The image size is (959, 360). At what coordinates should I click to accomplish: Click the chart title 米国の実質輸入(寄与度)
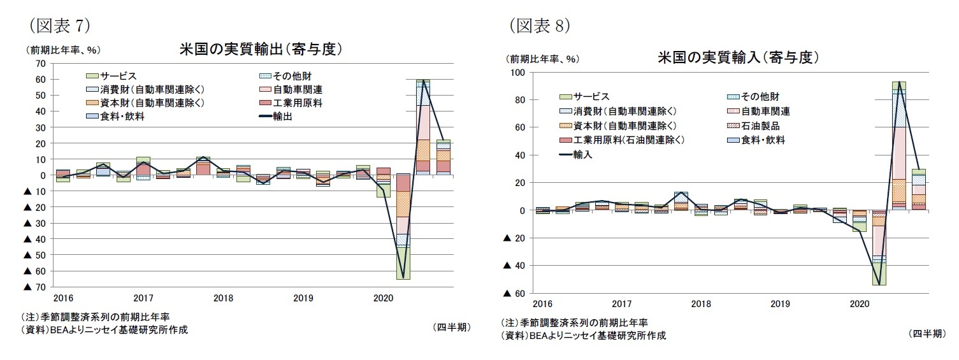738,58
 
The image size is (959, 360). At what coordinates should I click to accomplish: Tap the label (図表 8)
539,25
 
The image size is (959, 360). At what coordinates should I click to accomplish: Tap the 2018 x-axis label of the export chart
223,298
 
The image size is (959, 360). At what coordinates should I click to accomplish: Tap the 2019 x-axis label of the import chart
780,303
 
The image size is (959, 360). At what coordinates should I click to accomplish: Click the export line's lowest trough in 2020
403,278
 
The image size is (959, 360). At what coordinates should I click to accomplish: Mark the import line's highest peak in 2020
898,82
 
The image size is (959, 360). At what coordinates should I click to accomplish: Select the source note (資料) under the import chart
582,336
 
